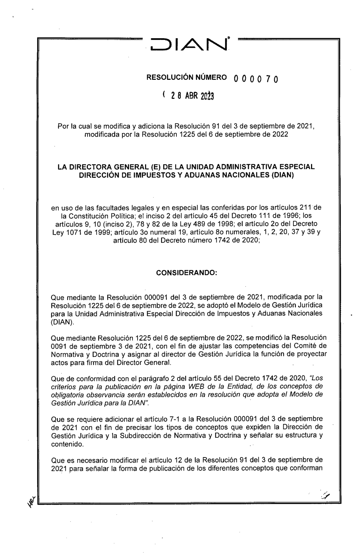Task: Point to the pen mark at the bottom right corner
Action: pos(327,495)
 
